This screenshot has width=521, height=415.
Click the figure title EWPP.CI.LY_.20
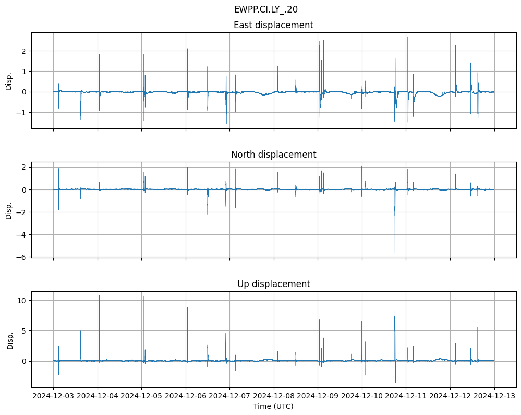(x=266, y=9)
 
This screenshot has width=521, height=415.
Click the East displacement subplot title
(x=273, y=25)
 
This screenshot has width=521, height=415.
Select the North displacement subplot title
(x=273, y=155)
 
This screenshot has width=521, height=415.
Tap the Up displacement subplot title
(x=273, y=284)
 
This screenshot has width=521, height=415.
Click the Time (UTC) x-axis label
(x=273, y=406)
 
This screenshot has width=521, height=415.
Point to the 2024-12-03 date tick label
(x=53, y=396)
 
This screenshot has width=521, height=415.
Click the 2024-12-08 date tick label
(x=274, y=396)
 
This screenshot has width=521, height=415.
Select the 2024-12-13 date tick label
(x=494, y=396)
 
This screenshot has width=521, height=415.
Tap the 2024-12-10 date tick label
(x=362, y=396)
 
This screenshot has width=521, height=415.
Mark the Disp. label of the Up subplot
(x=10, y=340)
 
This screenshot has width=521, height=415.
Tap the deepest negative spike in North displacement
(x=395, y=253)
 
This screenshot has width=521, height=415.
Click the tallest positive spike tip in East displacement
(x=408, y=37)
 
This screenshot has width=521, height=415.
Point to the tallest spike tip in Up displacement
(x=99, y=296)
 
